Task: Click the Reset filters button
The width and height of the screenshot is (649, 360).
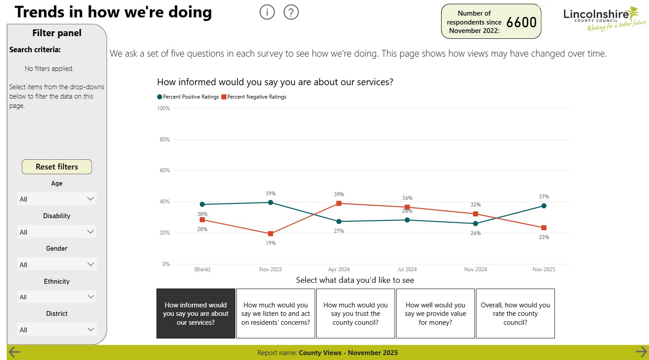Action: coord(57,167)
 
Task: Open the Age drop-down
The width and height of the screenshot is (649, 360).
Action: coord(57,199)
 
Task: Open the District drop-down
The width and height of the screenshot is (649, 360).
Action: coord(57,330)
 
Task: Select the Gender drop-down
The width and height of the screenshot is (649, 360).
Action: coord(57,265)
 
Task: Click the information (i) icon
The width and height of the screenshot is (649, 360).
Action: coord(267,12)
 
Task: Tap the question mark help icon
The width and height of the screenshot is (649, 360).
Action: coord(291,12)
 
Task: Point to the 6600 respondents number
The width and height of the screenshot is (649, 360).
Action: coord(521,22)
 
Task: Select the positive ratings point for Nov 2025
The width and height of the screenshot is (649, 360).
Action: coord(544,206)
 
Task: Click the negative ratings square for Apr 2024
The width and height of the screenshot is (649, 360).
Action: coord(339,203)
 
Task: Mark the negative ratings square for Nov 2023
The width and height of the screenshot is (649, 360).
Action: coord(271,234)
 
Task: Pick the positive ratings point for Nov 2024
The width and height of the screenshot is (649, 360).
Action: coord(475,223)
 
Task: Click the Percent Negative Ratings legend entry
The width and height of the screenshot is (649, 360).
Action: coord(254,97)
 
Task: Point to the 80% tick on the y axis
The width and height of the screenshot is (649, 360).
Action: coord(165,140)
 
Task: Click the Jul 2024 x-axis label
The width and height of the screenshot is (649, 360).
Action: coord(407,269)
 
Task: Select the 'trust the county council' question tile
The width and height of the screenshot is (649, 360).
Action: coord(356,313)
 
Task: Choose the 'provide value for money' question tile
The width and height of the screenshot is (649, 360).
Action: coord(435,313)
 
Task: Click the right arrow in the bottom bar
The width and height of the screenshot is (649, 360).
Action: coord(641,352)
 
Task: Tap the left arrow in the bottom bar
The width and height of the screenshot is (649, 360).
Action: coord(14,352)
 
